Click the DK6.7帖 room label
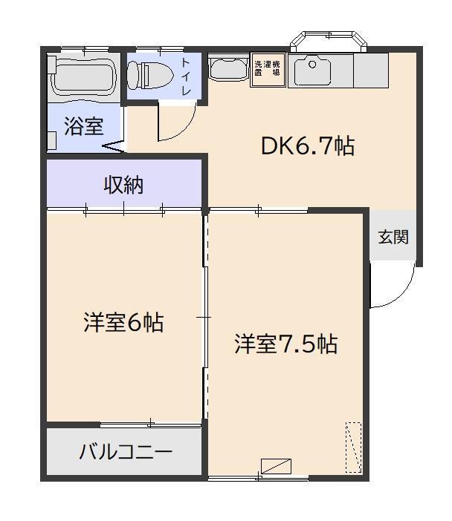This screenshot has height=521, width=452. (x=307, y=146)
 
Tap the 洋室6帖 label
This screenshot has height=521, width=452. (x=123, y=323)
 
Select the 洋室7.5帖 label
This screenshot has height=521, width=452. (x=286, y=344)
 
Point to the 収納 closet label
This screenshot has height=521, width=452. (x=123, y=186)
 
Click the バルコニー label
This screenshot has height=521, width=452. (x=126, y=452)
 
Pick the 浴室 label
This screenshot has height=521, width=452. (x=83, y=126)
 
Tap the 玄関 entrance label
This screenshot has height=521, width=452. (x=393, y=237)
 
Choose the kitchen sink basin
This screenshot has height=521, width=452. (x=312, y=72)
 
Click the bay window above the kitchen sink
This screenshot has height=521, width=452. (x=329, y=41)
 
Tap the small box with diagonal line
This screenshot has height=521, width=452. (x=276, y=467)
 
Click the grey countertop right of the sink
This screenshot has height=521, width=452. (x=371, y=71)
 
